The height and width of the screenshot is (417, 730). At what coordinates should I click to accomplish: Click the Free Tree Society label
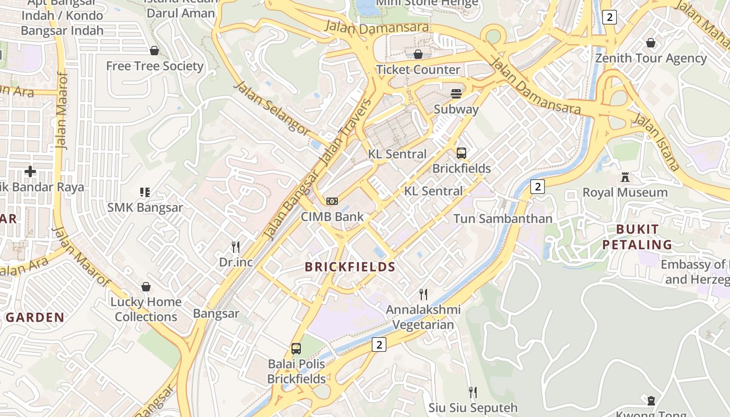pos(154,66)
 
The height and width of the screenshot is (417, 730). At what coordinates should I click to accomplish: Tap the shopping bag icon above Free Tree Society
pos(154,51)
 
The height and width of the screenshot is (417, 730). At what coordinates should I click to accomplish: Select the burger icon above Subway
pos(456,94)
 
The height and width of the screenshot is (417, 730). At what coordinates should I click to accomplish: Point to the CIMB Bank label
pos(332,217)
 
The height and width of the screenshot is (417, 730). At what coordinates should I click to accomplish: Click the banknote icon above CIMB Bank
pos(332,201)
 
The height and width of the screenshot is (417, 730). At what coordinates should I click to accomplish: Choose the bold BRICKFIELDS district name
pos(350,267)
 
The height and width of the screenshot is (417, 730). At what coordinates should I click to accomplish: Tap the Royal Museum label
pos(625,192)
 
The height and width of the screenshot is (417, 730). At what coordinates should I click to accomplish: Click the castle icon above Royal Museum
pos(625,177)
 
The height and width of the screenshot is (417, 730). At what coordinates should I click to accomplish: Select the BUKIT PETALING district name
pos(637,237)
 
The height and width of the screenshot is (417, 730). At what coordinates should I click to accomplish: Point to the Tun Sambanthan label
pos(503,218)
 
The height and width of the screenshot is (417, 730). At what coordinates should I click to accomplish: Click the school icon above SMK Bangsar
pos(145,192)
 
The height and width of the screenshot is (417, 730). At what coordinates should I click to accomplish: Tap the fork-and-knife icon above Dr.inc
pos(236,247)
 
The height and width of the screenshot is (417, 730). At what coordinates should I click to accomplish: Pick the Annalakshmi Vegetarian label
pos(423,317)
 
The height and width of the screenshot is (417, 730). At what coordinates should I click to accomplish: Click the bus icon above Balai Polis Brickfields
pos(296,349)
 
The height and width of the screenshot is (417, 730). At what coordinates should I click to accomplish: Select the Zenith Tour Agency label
pos(651,58)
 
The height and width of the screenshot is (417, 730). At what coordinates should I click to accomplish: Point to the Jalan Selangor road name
pos(272,109)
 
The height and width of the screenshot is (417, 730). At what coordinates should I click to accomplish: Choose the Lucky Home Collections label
pos(146,309)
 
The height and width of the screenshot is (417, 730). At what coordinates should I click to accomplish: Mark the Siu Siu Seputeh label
pos(473,408)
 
